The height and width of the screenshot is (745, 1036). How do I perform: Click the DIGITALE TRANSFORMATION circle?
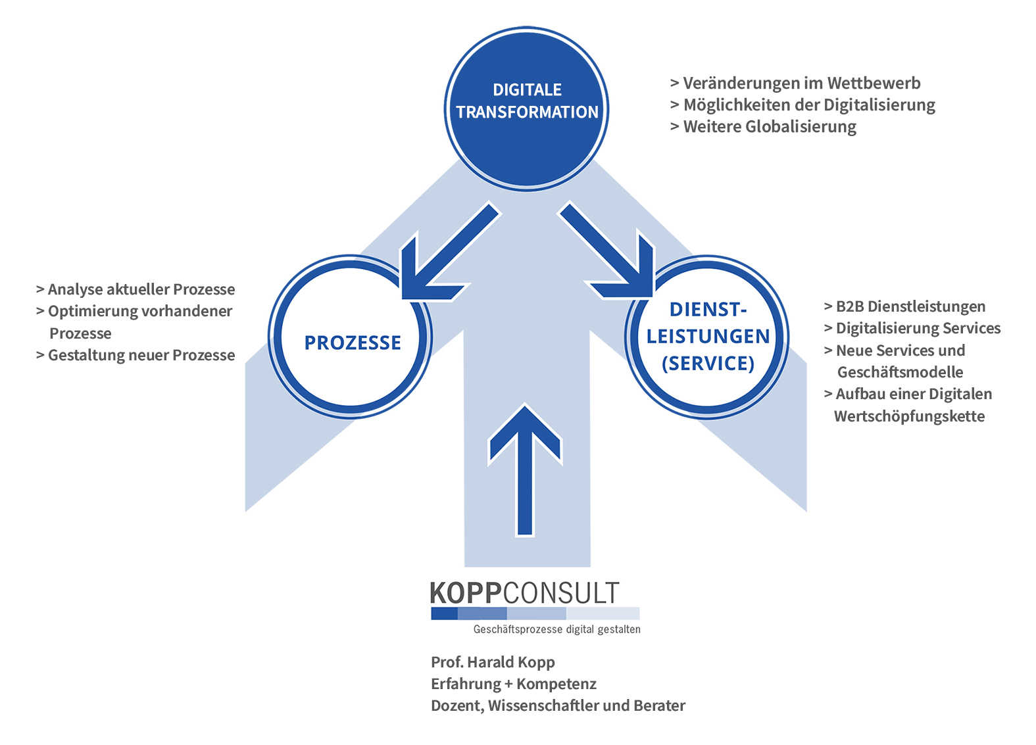point(526,108)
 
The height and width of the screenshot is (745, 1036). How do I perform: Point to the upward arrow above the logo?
point(525,470)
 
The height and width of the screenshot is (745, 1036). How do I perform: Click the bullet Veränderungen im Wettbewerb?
point(795,84)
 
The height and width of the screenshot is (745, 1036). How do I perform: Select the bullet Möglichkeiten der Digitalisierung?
point(803,105)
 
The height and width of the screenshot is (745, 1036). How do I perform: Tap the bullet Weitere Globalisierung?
point(763,127)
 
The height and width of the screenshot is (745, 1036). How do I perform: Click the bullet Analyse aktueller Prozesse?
point(136,289)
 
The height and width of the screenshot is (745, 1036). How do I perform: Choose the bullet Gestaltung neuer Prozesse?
point(136,355)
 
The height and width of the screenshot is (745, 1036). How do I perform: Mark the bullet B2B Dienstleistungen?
point(904,306)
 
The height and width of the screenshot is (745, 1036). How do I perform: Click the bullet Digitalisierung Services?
point(912,328)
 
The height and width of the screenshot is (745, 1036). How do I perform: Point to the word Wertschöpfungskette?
point(909,416)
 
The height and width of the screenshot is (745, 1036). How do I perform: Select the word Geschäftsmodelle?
point(900,372)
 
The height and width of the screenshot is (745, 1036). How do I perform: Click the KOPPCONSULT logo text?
point(524,593)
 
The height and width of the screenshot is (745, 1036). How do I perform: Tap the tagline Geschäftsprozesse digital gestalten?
point(557,629)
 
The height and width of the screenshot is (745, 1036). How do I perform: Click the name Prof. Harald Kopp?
point(493,662)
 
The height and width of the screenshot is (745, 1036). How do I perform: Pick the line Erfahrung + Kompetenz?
point(513,684)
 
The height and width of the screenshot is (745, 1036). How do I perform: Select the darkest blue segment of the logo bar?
point(444,613)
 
